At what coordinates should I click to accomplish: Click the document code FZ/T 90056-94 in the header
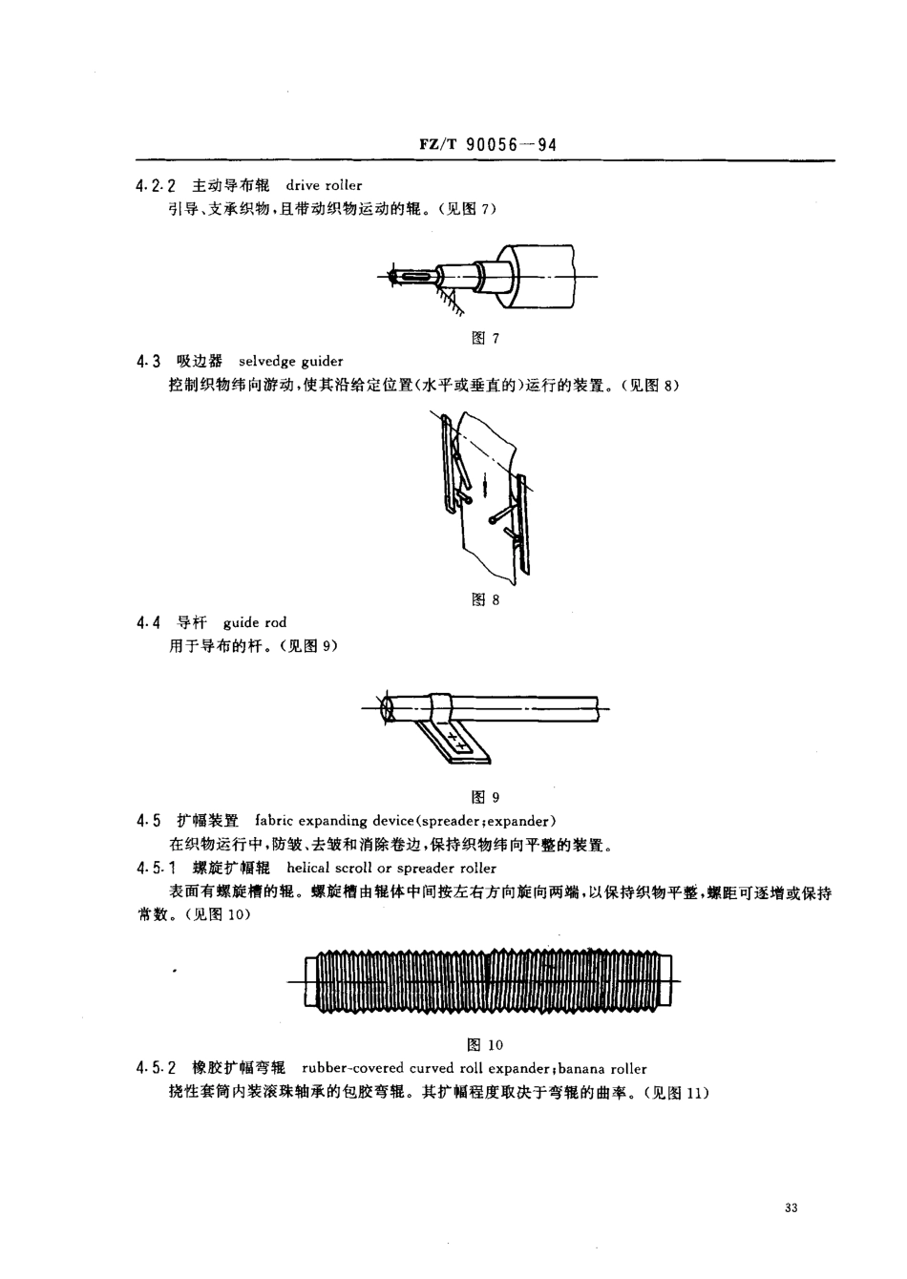coord(487,145)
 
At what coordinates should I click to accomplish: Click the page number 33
coord(790,1208)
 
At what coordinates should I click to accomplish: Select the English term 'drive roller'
coord(324,185)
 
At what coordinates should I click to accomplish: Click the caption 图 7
coord(486,339)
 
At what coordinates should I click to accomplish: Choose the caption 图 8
coord(486,600)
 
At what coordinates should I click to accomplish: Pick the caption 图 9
coord(486,797)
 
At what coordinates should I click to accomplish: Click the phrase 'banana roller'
coord(604,1068)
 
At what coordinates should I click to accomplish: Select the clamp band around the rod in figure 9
coord(442,708)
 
